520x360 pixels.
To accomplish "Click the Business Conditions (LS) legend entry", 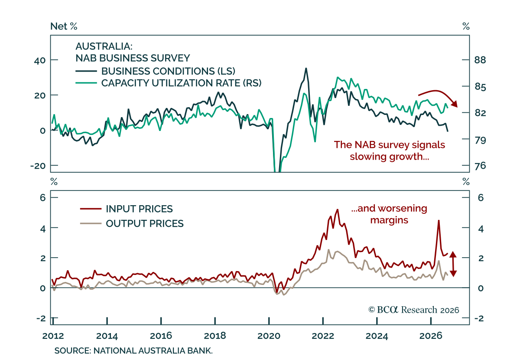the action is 155,71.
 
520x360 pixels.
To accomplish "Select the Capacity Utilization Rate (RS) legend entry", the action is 168,83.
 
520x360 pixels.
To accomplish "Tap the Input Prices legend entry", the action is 126,209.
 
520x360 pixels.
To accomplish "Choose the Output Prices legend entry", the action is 132,223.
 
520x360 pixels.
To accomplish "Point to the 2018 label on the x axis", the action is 215,336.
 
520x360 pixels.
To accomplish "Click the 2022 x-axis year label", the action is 323,336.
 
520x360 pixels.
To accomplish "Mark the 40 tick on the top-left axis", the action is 40,61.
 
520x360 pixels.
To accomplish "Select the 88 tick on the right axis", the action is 480,60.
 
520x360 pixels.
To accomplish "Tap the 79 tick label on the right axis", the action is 480,140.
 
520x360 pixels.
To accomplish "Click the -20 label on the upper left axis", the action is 38,166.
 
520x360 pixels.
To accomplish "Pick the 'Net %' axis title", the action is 64,26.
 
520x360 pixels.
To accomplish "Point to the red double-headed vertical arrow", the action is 453,264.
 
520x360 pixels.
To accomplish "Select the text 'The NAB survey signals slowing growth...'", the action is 389,151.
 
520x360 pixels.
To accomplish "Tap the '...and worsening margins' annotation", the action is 389,214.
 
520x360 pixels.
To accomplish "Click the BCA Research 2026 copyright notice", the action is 414,310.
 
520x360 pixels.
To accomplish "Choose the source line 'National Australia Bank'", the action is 133,351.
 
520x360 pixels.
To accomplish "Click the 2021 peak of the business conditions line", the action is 306,69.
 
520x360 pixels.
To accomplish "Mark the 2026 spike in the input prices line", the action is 439,220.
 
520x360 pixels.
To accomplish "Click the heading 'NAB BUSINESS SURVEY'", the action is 133,58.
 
